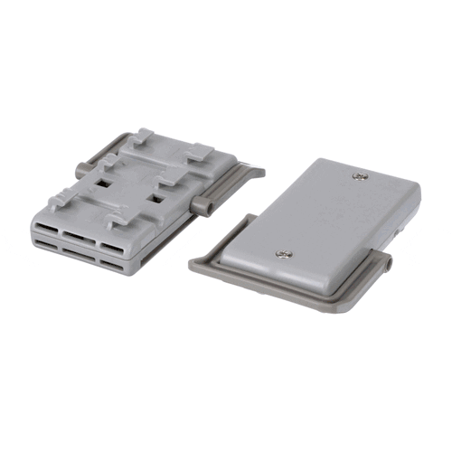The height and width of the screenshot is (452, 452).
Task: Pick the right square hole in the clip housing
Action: (158, 194)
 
